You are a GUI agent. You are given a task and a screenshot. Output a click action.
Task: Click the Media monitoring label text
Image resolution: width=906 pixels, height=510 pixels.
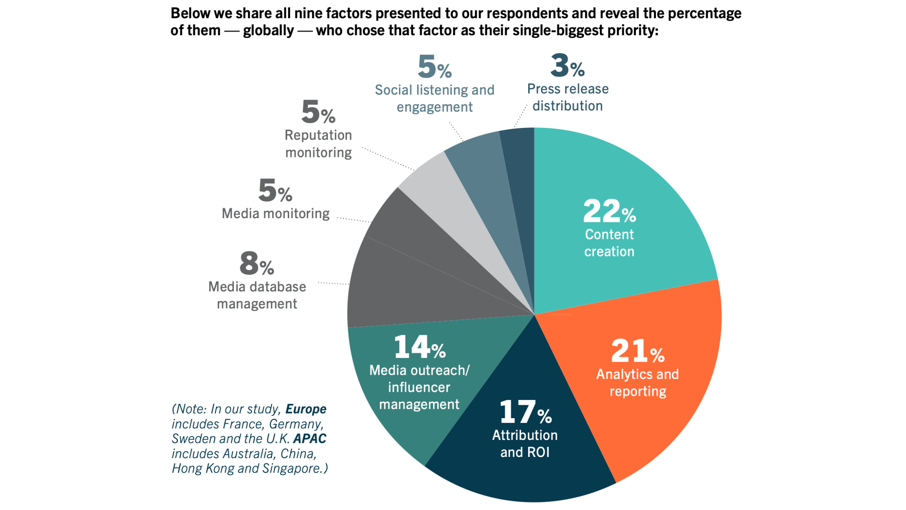tap(275, 213)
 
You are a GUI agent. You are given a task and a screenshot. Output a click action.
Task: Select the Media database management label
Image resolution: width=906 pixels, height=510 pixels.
tap(257, 295)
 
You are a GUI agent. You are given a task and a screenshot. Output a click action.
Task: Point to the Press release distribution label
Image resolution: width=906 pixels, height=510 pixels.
tap(567, 97)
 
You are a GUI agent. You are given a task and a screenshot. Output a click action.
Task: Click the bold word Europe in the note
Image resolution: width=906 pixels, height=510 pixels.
tap(306, 409)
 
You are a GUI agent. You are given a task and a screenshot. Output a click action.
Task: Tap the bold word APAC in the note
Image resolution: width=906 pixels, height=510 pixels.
tap(309, 439)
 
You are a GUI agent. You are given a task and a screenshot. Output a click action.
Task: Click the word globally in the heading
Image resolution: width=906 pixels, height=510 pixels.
tap(268, 30)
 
